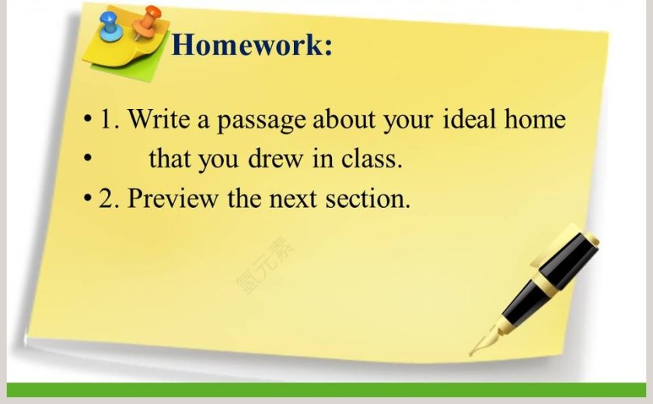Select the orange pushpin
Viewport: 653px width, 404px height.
coord(146,22)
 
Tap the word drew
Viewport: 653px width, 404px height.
coord(275,159)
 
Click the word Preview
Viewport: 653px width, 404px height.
coord(173,198)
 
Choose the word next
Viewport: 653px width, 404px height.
coord(293,198)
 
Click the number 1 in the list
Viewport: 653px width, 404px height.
coord(107,119)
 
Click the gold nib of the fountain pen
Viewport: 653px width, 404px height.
coord(485,340)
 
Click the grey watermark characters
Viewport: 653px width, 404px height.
coord(265,265)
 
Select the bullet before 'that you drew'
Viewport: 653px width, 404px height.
coord(87,159)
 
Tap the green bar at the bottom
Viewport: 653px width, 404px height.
coord(326,389)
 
